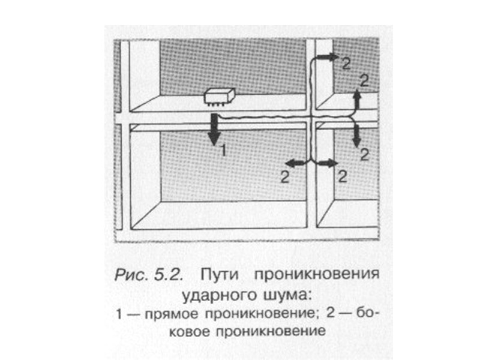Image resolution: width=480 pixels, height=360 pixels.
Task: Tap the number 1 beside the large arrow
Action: (x=223, y=151)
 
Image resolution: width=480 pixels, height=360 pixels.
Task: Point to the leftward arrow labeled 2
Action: (x=295, y=163)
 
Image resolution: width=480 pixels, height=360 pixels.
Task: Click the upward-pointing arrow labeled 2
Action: (x=356, y=99)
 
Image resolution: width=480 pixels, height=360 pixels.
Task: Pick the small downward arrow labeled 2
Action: (x=356, y=135)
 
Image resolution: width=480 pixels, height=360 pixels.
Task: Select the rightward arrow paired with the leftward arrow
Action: (x=325, y=163)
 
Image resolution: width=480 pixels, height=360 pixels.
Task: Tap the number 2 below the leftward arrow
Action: (x=284, y=176)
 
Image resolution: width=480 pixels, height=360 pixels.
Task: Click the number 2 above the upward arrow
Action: (x=362, y=79)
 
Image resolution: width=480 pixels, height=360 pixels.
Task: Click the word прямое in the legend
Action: (x=174, y=314)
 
